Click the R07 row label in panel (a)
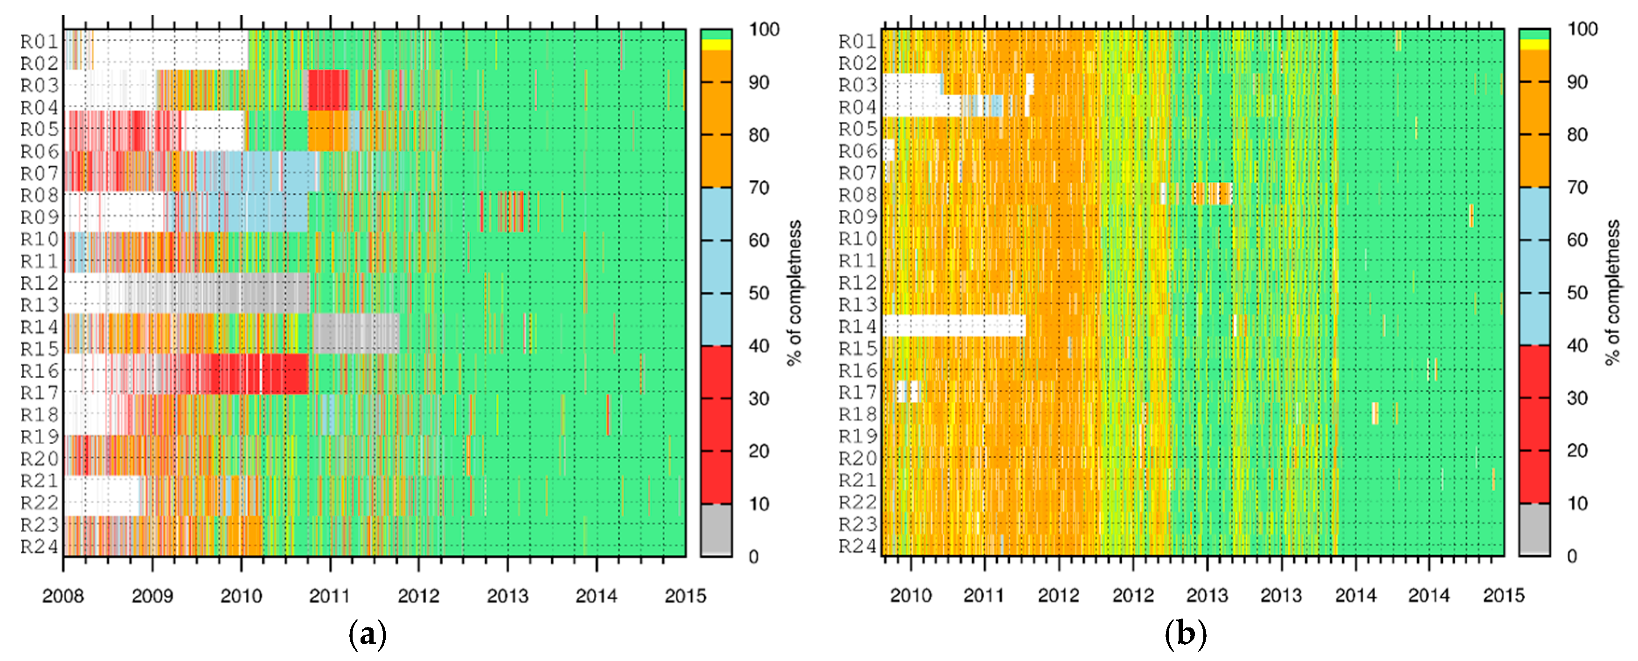pos(40,173)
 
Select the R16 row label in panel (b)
pos(857,371)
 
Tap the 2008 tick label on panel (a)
pos(62,596)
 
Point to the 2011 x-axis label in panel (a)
pos(329,596)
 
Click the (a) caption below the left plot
pos(368,634)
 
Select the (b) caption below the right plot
pos(1185,634)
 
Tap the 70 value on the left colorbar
pos(758,187)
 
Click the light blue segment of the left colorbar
pos(716,267)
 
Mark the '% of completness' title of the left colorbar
pos(795,292)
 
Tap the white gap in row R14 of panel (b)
pos(954,325)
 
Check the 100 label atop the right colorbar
pos(1582,29)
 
